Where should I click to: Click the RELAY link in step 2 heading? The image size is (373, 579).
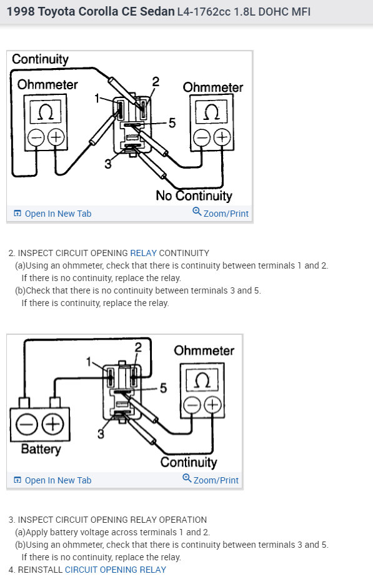point(143,253)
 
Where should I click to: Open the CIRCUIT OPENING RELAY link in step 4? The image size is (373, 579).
point(115,570)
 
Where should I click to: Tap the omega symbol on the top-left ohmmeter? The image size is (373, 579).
point(46,112)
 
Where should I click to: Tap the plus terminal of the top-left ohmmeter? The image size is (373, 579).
point(56,137)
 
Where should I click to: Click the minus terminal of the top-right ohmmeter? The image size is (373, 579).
point(202,138)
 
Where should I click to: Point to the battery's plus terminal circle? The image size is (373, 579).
point(52,424)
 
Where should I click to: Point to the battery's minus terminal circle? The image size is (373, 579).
point(27,424)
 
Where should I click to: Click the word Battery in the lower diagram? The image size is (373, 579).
point(41,449)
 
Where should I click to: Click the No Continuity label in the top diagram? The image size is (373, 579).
point(194,195)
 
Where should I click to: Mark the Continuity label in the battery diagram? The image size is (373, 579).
point(188,462)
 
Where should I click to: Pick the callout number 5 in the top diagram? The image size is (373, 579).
point(172,123)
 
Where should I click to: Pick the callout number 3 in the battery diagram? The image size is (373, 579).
point(101,434)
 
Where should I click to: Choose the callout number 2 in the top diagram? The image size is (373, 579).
point(156,81)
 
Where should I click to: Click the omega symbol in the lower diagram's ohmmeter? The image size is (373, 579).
point(202,380)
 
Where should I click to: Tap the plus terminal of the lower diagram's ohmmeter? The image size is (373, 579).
point(212,405)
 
